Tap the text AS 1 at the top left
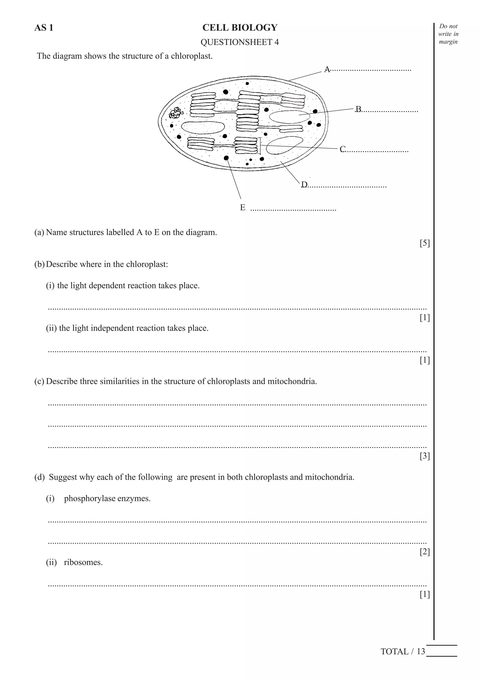click(x=44, y=28)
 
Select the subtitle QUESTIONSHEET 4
click(x=240, y=42)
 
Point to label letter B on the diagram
click(x=358, y=109)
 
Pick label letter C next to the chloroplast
click(x=343, y=149)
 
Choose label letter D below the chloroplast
click(x=304, y=185)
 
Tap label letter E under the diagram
click(x=243, y=208)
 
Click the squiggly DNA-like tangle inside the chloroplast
click(x=176, y=113)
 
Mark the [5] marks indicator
click(x=424, y=243)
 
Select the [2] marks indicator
click(x=424, y=552)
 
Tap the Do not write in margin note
click(x=448, y=34)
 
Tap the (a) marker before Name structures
click(x=39, y=232)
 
